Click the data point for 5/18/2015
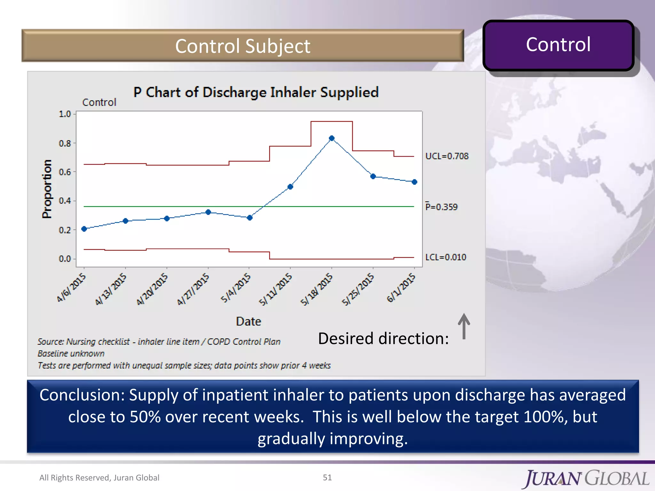coord(332,138)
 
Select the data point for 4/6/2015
coord(84,229)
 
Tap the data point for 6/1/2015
coord(414,182)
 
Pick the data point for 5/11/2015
coord(290,187)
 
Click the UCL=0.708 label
coord(446,156)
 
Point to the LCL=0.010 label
coord(446,257)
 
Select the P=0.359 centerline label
coord(441,207)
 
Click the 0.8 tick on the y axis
coord(65,144)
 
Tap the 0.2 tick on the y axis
coord(65,230)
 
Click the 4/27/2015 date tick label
coord(193,288)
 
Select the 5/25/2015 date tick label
coord(358,289)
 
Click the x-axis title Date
coord(249,321)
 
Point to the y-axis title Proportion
coord(47,189)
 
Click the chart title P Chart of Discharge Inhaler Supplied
coord(256,92)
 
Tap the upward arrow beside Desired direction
coord(464,326)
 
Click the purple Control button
coord(558,45)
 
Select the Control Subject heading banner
coord(242,46)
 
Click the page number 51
coord(327,477)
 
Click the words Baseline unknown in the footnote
coord(71,354)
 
